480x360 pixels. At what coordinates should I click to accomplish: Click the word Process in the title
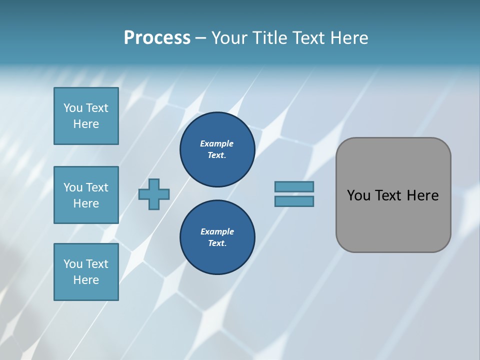point(157,38)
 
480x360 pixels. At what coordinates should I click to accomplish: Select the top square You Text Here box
point(86,116)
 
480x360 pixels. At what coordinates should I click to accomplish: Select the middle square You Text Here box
point(86,195)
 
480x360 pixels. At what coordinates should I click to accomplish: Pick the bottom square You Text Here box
point(86,271)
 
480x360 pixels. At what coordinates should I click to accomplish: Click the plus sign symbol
point(154,194)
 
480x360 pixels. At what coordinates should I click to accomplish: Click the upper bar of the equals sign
point(294,186)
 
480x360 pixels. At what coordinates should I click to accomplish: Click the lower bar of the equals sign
point(294,201)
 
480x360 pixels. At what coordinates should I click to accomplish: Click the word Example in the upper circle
point(217,144)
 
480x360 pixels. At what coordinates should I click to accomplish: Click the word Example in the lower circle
point(217,232)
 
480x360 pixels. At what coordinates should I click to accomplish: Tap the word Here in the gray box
point(422,195)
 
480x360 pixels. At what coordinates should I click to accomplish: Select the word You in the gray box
point(358,195)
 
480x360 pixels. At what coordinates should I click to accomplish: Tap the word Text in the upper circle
point(216,155)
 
